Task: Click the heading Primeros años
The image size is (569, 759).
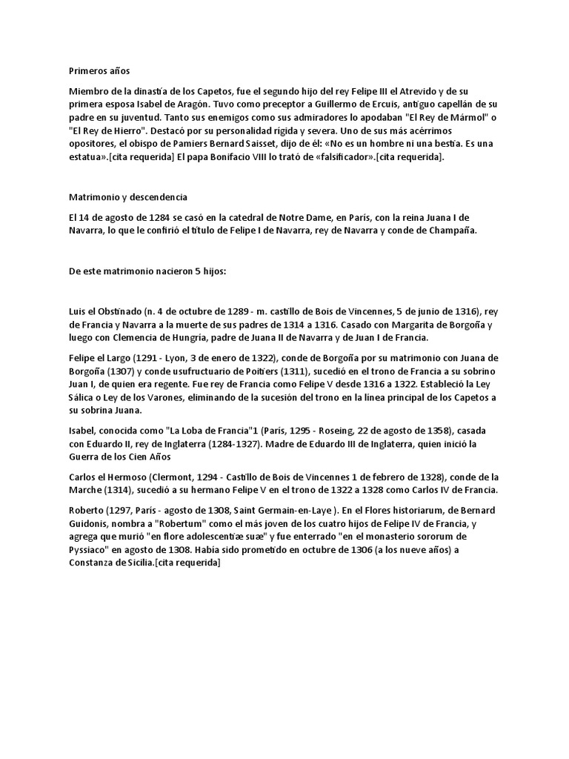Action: [x=99, y=71]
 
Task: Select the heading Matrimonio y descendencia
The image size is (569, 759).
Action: [x=128, y=198]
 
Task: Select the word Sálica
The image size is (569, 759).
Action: [x=83, y=397]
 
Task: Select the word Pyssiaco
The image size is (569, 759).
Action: [x=90, y=550]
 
